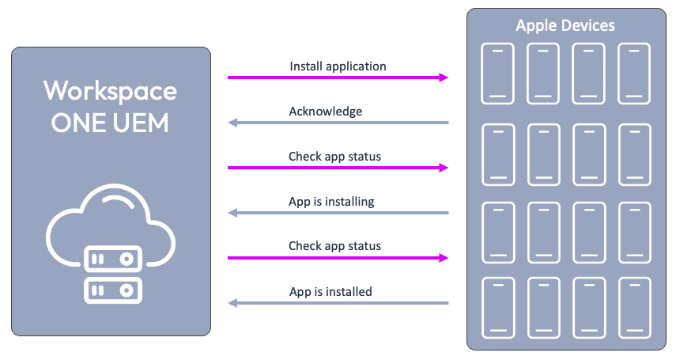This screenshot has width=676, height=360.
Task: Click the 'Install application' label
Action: pyautogui.click(x=338, y=66)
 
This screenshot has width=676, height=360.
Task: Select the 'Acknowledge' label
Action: pyautogui.click(x=325, y=112)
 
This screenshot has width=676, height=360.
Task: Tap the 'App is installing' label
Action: pyautogui.click(x=331, y=202)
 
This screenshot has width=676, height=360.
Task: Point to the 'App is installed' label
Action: pyautogui.click(x=330, y=292)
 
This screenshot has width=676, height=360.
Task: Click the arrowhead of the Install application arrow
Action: pyautogui.click(x=444, y=78)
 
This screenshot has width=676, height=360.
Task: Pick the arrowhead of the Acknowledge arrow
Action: pyautogui.click(x=232, y=123)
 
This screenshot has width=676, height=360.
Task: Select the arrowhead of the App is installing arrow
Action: pyautogui.click(x=232, y=213)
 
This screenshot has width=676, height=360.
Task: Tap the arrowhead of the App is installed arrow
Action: pyautogui.click(x=232, y=303)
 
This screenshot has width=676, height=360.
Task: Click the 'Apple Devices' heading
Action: pyautogui.click(x=565, y=25)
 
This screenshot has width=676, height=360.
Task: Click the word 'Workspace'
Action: pyautogui.click(x=111, y=90)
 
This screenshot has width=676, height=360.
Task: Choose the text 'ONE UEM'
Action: pyautogui.click(x=111, y=123)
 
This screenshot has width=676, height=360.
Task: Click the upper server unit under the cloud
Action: pyautogui.click(x=112, y=260)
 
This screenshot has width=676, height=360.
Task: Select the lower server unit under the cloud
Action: pyautogui.click(x=112, y=290)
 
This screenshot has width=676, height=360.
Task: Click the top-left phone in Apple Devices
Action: pyautogui.click(x=497, y=71)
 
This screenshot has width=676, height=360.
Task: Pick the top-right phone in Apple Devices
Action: pyautogui.click(x=633, y=71)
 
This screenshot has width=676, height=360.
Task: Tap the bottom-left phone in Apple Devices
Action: pyautogui.click(x=497, y=304)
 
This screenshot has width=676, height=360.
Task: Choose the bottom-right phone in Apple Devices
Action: pyautogui.click(x=633, y=304)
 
